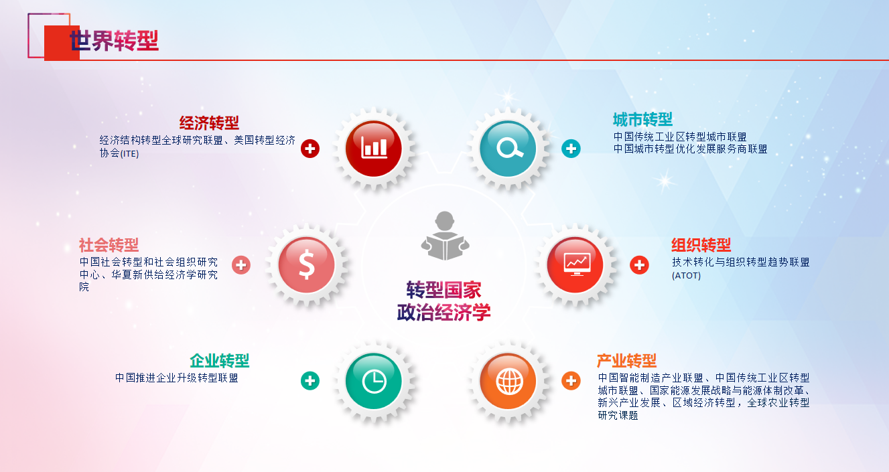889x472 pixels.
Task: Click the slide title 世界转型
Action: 114,41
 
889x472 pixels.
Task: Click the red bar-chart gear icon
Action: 373,149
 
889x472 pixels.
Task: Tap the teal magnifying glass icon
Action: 508,149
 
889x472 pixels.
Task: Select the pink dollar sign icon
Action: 306,265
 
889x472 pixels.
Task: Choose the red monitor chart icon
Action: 575,265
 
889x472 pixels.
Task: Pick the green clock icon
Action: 373,381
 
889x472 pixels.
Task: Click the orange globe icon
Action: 508,381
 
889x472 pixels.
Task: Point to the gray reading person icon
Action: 445,236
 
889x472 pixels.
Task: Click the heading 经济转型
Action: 209,123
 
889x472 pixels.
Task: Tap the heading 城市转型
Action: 643,119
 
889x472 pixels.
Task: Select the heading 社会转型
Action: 109,245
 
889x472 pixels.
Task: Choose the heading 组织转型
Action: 701,245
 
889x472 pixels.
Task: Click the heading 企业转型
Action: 220,361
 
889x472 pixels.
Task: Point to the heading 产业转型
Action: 627,361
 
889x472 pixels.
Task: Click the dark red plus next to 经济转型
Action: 310,149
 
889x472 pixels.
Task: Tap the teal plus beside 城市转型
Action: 571,149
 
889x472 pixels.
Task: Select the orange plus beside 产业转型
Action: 571,381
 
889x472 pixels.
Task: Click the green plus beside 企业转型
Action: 310,381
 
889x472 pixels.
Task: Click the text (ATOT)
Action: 686,275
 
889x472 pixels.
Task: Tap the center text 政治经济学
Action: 443,312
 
